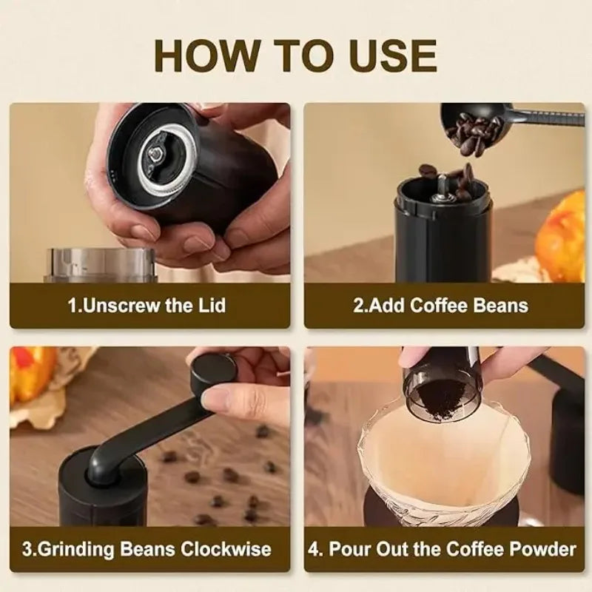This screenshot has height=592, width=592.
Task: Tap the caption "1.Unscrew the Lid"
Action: tap(147, 305)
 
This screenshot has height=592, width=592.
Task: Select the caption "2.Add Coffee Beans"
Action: tap(440, 305)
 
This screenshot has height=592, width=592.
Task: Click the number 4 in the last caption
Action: tap(314, 550)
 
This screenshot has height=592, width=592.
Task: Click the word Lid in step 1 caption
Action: tap(210, 305)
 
